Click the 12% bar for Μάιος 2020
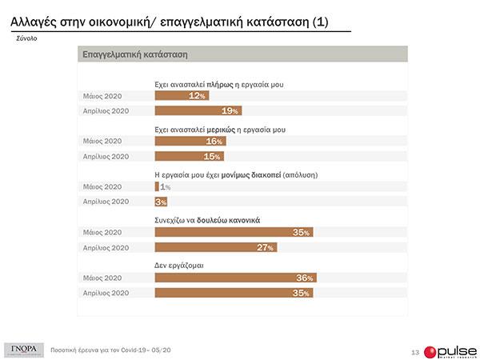(x=181, y=95)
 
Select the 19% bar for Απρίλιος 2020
(x=197, y=110)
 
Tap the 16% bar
(x=190, y=141)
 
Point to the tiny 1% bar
(x=157, y=186)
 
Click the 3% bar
(x=160, y=202)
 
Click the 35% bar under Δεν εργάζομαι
(x=233, y=293)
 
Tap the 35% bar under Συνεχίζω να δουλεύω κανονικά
(x=233, y=232)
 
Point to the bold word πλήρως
(x=218, y=82)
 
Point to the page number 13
(x=414, y=352)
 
